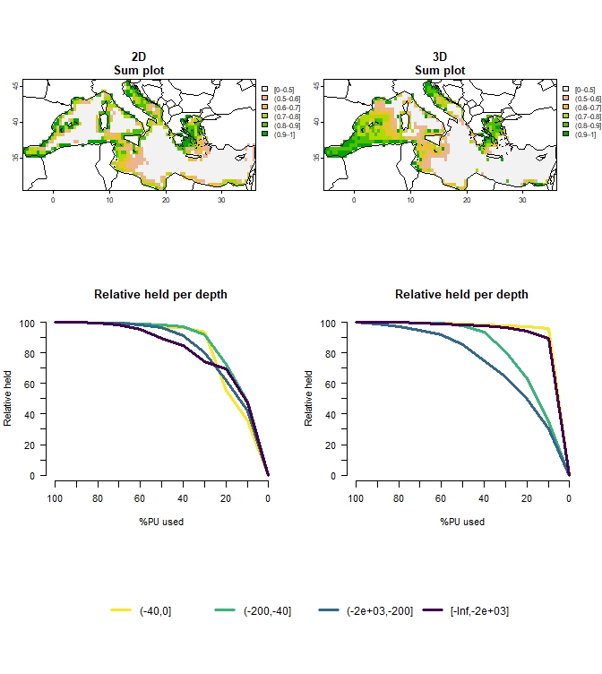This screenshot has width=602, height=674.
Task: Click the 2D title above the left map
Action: pyautogui.click(x=139, y=57)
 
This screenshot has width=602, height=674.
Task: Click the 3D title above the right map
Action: pyautogui.click(x=440, y=57)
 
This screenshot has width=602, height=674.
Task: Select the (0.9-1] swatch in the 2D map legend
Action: pyautogui.click(x=264, y=134)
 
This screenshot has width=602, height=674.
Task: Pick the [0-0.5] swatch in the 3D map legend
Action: pyautogui.click(x=565, y=90)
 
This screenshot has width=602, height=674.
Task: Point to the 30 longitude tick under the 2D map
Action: pyautogui.click(x=221, y=200)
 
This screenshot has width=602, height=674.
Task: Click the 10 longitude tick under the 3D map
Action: pyautogui.click(x=410, y=200)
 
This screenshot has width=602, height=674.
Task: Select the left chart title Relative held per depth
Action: pyautogui.click(x=160, y=294)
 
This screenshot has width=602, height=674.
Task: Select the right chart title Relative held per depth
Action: pyautogui.click(x=461, y=294)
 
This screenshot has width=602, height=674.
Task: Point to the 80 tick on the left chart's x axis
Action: pyautogui.click(x=98, y=498)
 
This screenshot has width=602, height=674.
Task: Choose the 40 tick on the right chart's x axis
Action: pyautogui.click(x=484, y=498)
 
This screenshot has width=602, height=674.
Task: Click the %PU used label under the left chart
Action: pyautogui.click(x=161, y=522)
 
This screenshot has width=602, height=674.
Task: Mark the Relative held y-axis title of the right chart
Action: pyautogui.click(x=310, y=399)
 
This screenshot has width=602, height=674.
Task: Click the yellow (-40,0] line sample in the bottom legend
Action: pyautogui.click(x=121, y=610)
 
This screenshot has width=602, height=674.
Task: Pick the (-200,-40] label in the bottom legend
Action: pyautogui.click(x=267, y=610)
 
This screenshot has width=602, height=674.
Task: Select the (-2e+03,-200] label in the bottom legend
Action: pyautogui.click(x=379, y=610)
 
